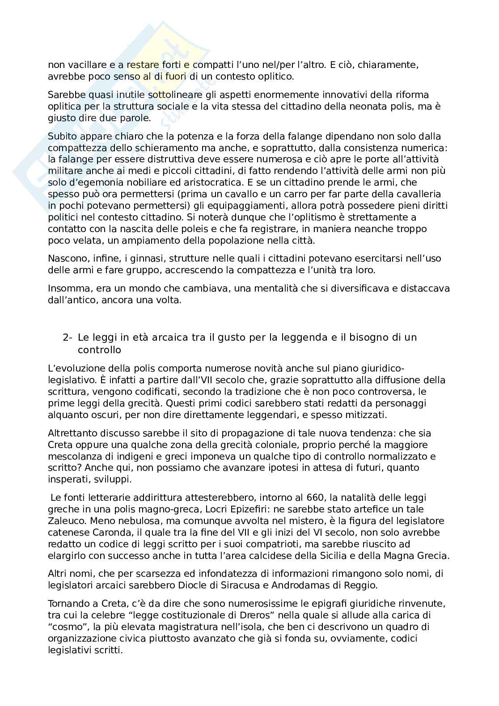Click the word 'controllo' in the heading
(x=99, y=349)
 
